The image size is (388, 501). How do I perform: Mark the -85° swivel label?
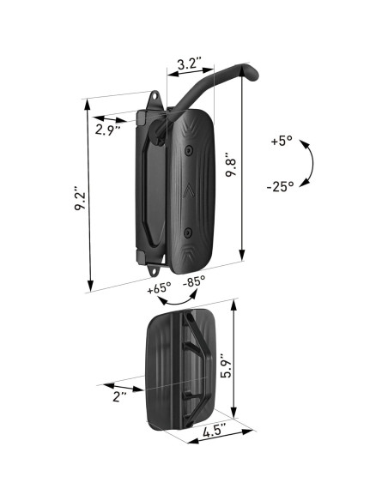pos(195,282)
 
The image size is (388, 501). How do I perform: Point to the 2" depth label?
pos(119,395)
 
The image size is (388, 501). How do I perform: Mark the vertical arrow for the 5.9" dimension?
pos(235,365)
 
